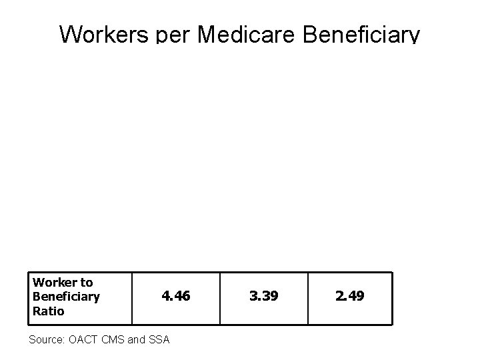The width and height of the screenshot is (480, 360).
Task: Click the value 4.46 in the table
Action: (x=175, y=295)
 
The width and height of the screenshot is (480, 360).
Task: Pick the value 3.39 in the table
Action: (x=263, y=295)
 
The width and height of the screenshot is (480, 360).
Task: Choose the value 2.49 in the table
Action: (x=350, y=295)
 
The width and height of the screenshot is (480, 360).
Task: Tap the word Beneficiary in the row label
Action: (x=66, y=296)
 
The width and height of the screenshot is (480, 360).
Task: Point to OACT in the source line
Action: (x=83, y=339)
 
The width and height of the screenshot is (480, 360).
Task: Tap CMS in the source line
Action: (x=114, y=339)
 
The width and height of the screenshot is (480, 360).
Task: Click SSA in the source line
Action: (x=158, y=339)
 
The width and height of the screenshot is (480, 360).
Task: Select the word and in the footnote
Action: (x=136, y=339)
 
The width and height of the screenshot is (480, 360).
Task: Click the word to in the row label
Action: (x=87, y=283)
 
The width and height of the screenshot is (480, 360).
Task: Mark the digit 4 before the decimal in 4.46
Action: (x=165, y=295)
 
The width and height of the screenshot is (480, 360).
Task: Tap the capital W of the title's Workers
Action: (x=69, y=34)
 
